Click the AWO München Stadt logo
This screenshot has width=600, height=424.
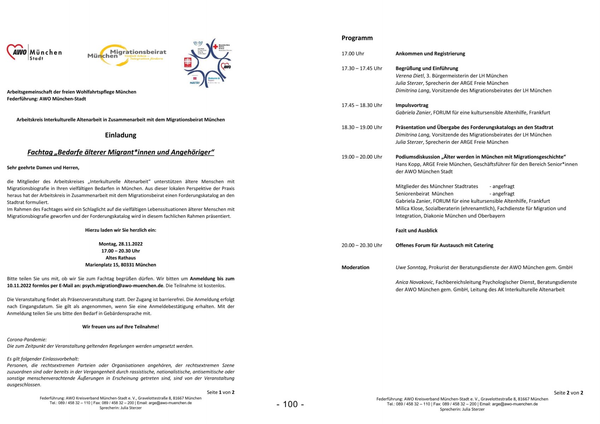coord(34,53)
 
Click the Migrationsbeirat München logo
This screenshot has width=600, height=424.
coord(127,55)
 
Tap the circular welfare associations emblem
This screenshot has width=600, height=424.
coord(208,63)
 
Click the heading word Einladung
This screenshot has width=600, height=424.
coord(121,135)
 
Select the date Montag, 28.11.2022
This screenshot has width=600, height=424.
coord(121,244)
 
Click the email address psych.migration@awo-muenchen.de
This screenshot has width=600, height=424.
coord(123,285)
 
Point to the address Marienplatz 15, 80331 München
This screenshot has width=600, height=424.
coord(121,265)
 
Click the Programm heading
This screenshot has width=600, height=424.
coord(357,38)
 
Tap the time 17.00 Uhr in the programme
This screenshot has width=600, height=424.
coord(353,54)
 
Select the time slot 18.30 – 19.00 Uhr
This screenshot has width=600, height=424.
coord(362,127)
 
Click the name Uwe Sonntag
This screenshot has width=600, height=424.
coord(410,267)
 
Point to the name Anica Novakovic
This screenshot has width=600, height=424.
coord(415,282)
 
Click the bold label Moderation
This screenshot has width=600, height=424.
coord(355,267)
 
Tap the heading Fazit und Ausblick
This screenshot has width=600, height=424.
coord(416,230)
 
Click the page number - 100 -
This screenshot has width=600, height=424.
coord(290,404)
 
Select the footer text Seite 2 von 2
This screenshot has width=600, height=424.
coord(568,393)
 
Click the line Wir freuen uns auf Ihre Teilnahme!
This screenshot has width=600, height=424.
coord(121,327)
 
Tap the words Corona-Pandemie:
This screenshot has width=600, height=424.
coord(27,340)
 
